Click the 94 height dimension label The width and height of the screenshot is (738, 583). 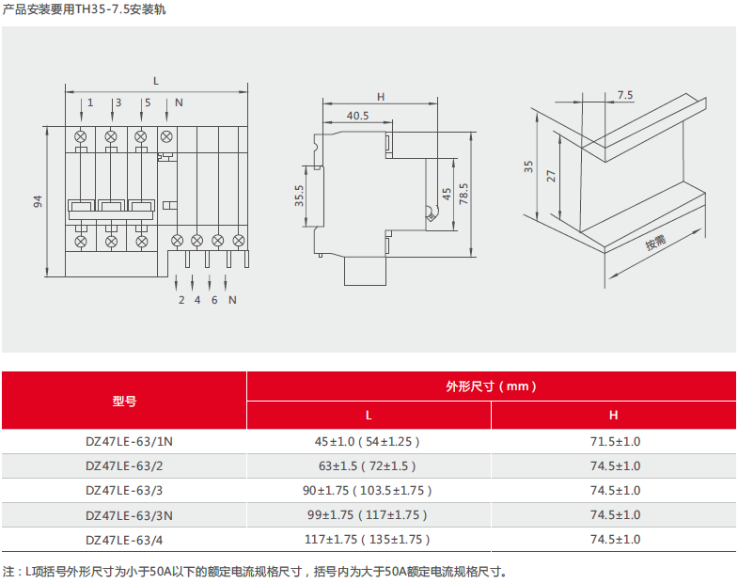pyautogui.click(x=38, y=201)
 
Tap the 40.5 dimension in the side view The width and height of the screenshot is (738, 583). pyautogui.click(x=357, y=116)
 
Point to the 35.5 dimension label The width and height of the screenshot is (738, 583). pyautogui.click(x=299, y=196)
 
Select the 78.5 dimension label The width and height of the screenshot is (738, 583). pyautogui.click(x=463, y=194)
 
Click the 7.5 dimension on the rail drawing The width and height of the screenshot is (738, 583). pyautogui.click(x=625, y=95)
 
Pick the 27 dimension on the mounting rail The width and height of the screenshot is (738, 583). pyautogui.click(x=551, y=176)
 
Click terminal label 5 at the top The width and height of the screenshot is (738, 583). pyautogui.click(x=148, y=102)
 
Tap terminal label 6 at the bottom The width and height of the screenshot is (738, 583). pyautogui.click(x=214, y=300)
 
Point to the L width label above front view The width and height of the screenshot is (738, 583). pyautogui.click(x=156, y=81)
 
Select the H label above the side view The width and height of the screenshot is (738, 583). pyautogui.click(x=381, y=97)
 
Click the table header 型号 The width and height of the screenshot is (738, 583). pyautogui.click(x=124, y=402)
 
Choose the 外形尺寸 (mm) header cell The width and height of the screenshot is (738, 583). pyautogui.click(x=491, y=386)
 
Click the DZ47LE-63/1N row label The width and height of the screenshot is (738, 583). pyautogui.click(x=129, y=442)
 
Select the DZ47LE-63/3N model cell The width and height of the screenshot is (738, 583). pyautogui.click(x=129, y=515)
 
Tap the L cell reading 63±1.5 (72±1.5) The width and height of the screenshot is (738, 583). pyautogui.click(x=367, y=466)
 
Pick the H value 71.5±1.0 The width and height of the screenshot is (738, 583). pyautogui.click(x=615, y=442)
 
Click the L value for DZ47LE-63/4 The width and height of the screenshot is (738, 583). pyautogui.click(x=367, y=540)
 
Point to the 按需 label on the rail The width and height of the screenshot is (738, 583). pyautogui.click(x=655, y=242)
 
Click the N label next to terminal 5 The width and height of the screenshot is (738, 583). pyautogui.click(x=179, y=102)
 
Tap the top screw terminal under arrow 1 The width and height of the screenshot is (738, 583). pyautogui.click(x=81, y=137)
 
